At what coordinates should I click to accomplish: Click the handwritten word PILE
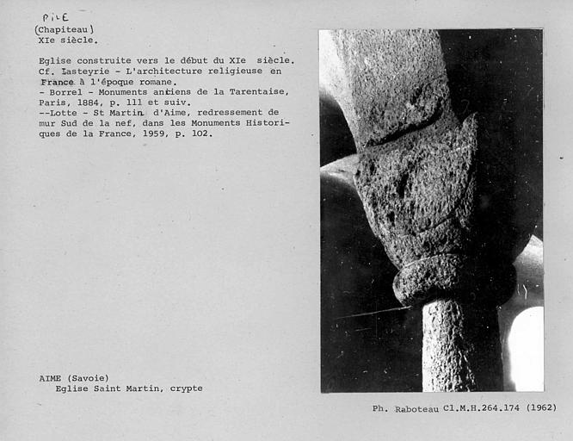[x=56, y=16]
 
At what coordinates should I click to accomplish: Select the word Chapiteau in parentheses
[x=65, y=28]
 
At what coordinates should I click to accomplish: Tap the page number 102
[x=201, y=134]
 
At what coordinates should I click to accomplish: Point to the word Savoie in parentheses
[x=90, y=378]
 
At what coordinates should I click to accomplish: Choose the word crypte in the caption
[x=185, y=388]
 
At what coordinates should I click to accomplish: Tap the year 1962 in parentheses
[x=540, y=408]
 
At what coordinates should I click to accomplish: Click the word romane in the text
[x=156, y=82]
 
